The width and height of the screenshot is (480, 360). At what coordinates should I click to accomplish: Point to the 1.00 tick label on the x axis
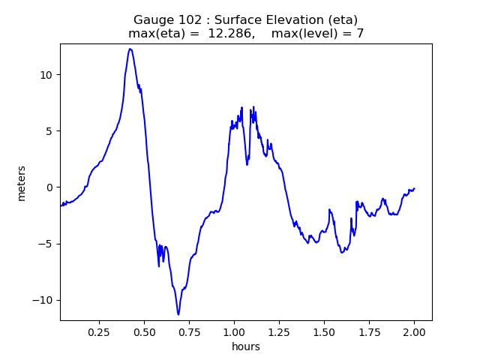tap(234, 331)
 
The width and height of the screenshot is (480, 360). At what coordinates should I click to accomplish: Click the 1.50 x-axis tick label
tap(324, 331)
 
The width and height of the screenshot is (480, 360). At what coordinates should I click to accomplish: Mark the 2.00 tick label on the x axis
tap(414, 331)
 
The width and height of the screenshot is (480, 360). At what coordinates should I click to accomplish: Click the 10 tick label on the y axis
tap(46, 75)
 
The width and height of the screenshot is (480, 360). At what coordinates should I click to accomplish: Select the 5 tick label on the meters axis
tap(49, 131)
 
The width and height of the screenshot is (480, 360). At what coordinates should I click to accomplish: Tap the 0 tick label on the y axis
tap(49, 187)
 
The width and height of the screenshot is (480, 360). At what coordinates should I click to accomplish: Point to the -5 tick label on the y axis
tap(46, 244)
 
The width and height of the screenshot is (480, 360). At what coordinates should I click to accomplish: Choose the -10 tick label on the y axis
tap(43, 300)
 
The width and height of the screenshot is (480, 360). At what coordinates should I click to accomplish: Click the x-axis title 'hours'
tap(246, 346)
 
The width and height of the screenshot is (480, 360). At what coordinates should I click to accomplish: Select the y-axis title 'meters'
tap(22, 183)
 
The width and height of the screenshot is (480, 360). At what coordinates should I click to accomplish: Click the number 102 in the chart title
tap(186, 19)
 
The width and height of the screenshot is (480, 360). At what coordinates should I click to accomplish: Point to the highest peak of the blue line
tap(130, 49)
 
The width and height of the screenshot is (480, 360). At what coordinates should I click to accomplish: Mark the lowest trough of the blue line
tap(178, 314)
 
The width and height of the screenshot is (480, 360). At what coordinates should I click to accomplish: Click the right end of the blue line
tap(414, 188)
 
